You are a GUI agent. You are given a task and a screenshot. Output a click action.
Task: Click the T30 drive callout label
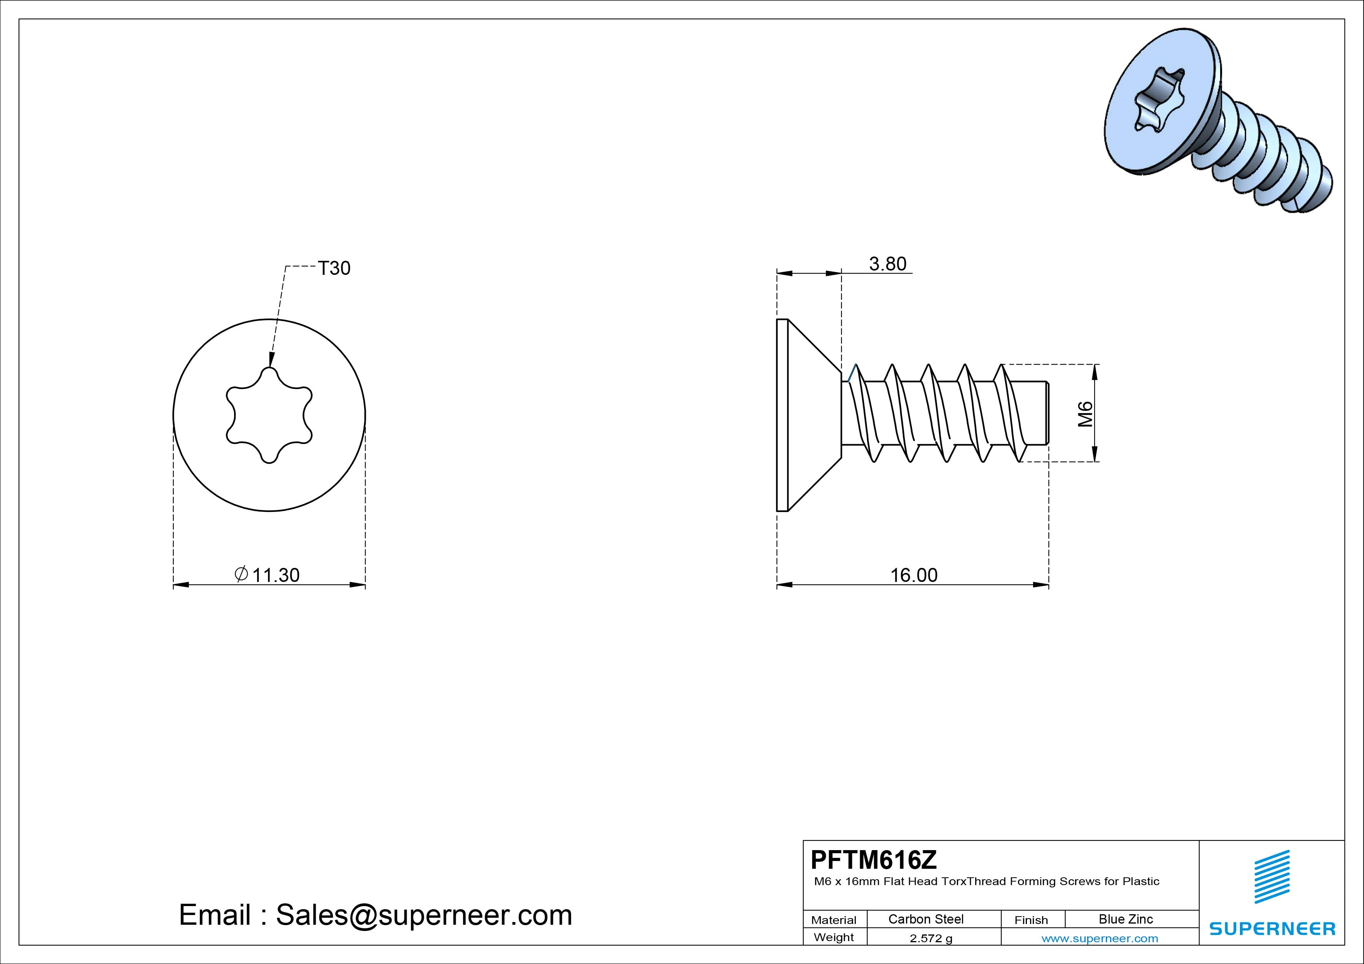coord(334,269)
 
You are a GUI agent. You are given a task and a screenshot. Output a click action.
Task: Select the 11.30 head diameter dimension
coord(276,575)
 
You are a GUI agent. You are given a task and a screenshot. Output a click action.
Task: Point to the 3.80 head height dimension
coord(888,264)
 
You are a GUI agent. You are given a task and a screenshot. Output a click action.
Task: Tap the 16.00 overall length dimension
coord(914,575)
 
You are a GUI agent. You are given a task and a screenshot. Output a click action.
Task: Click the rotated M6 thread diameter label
coord(1085,414)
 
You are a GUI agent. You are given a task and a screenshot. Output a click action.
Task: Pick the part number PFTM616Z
coord(873,859)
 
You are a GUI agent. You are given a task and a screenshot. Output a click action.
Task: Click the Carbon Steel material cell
coord(925,919)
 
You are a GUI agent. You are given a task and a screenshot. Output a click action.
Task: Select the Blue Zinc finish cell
coord(1126,919)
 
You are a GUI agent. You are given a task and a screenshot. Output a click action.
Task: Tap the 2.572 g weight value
coord(931,938)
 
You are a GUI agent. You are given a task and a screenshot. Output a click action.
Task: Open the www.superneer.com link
coord(1100,938)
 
